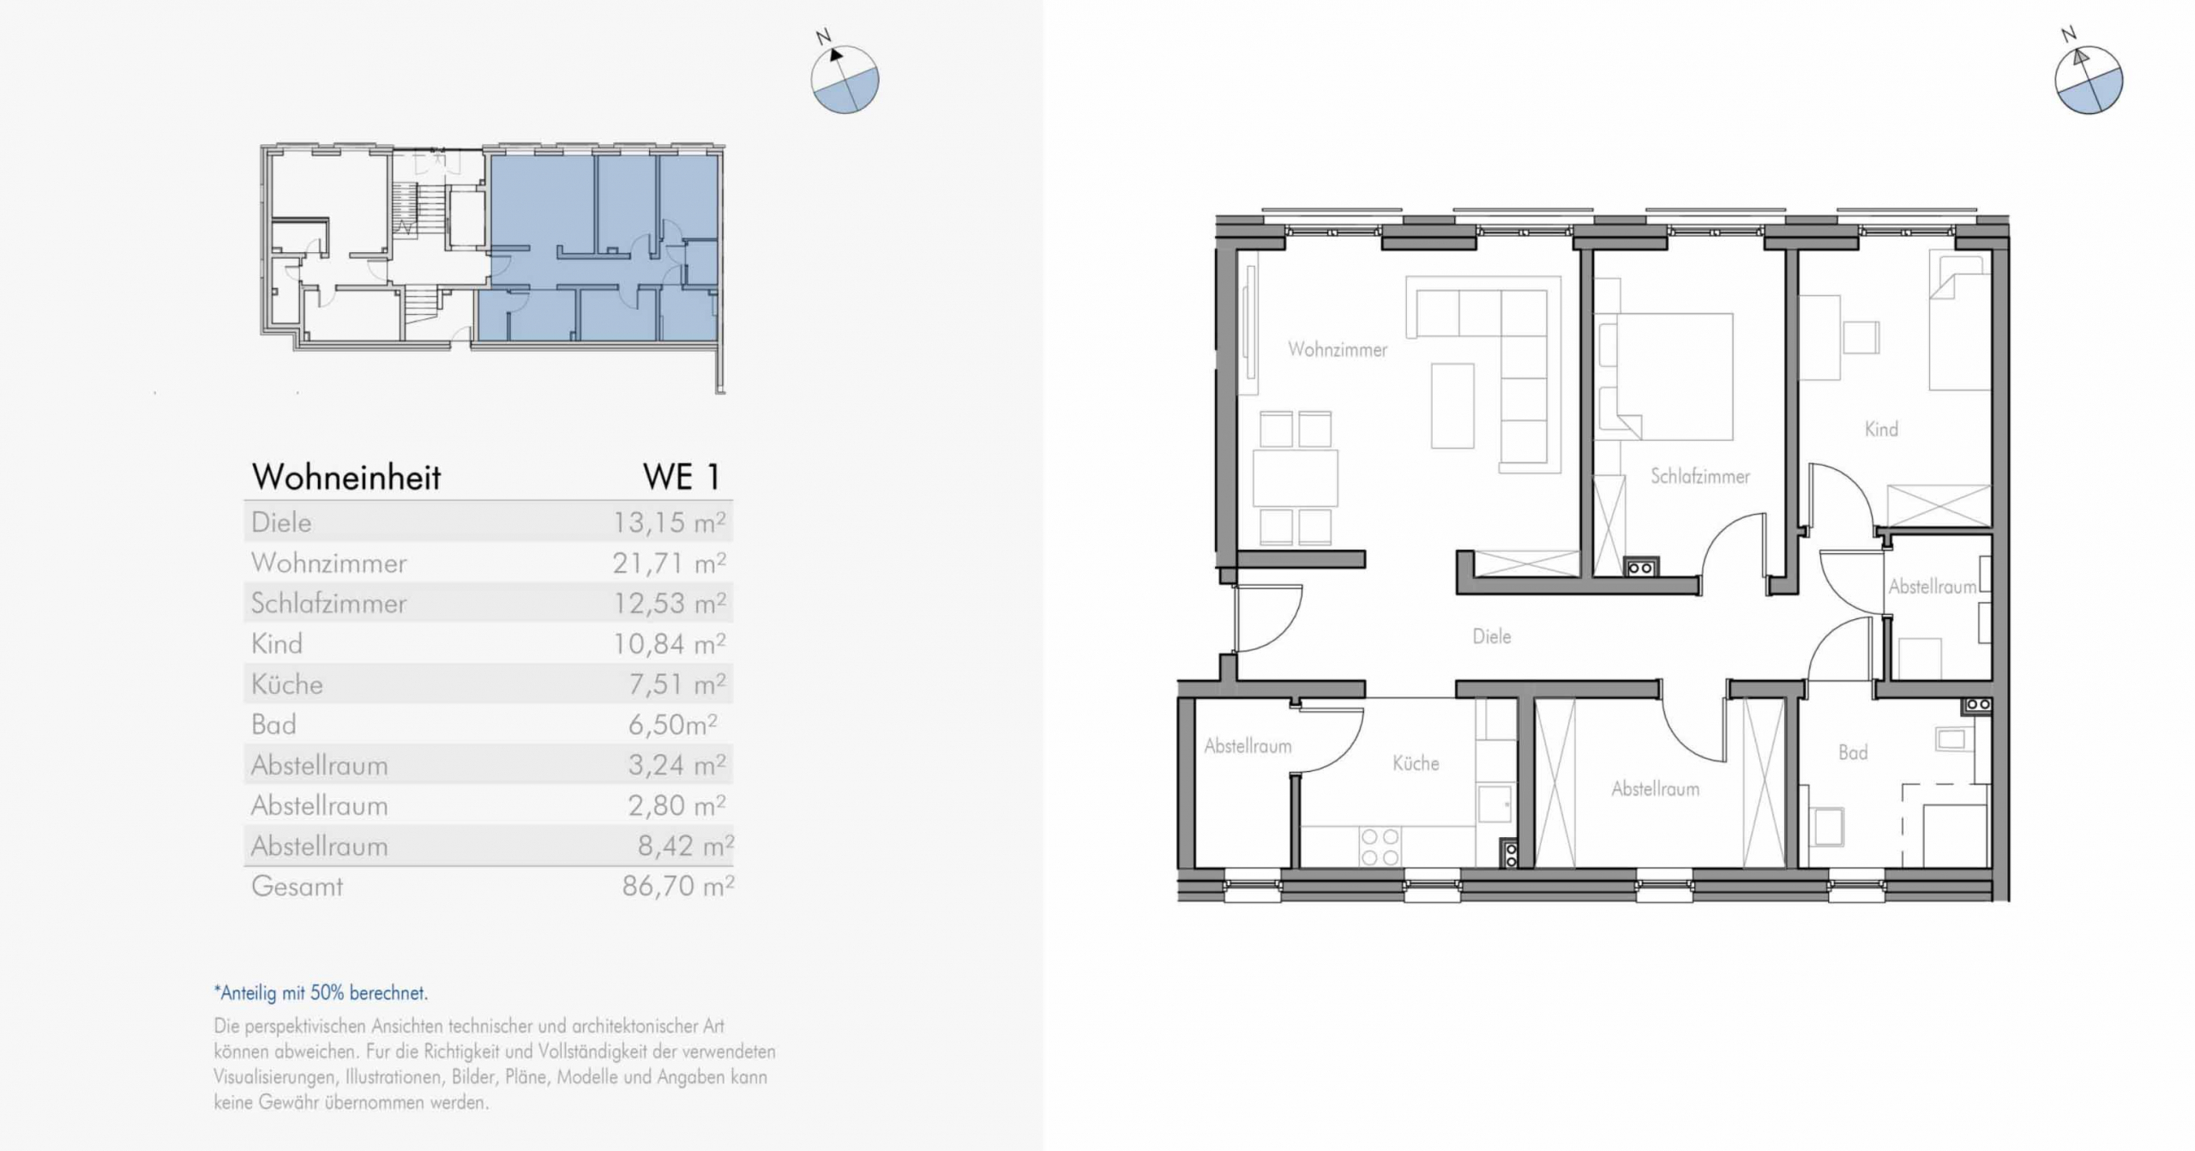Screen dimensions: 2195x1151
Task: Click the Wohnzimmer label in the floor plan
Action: tap(1337, 350)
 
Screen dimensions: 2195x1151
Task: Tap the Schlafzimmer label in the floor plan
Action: tap(1699, 476)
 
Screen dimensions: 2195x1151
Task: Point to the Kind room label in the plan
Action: tap(1881, 429)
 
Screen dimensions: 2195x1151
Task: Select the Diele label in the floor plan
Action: tap(1491, 636)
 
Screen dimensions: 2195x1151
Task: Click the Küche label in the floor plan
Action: tap(1416, 762)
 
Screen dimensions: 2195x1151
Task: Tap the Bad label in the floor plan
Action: tap(1852, 752)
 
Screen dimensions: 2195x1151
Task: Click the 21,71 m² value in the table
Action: tap(669, 563)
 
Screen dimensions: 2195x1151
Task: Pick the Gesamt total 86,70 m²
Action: tap(677, 886)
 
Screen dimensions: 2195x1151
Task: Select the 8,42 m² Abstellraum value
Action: tap(685, 847)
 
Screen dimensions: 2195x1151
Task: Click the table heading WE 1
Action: tap(682, 477)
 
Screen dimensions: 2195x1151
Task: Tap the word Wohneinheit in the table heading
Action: tap(346, 477)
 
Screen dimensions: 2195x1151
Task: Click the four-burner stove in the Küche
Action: tap(1380, 847)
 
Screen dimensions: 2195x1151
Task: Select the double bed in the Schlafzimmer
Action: tap(1664, 377)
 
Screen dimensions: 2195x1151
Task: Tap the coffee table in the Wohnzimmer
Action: tap(1452, 406)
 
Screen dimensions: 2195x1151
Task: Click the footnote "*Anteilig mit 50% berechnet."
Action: tap(321, 993)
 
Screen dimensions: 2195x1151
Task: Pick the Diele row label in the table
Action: tap(281, 522)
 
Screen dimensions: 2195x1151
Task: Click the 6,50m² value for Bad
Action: tap(673, 725)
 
